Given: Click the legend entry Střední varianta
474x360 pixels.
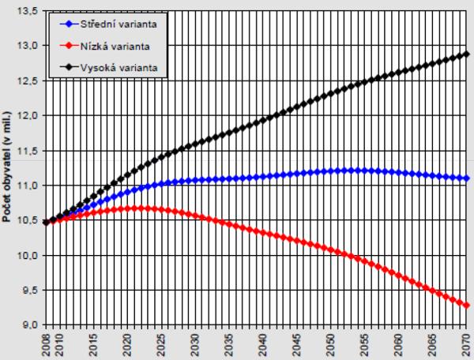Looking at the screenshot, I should click(x=117, y=24).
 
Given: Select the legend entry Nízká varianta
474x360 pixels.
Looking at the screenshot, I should click(x=114, y=47).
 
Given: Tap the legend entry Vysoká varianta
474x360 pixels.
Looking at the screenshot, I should click(x=116, y=68).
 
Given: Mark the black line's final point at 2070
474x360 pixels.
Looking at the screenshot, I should click(x=467, y=54).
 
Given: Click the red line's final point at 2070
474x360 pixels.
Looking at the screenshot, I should click(x=467, y=306).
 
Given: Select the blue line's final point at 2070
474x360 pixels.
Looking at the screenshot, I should click(x=467, y=178).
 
